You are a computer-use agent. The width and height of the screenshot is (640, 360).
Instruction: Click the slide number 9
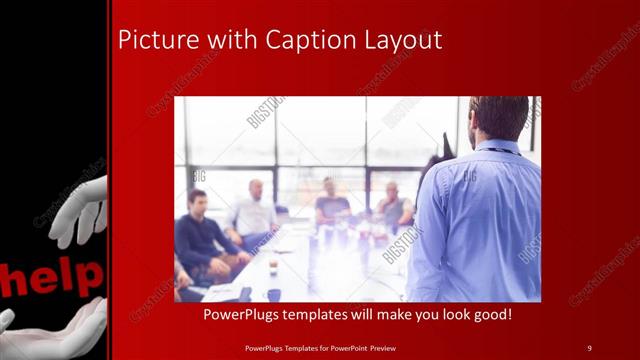[x=589, y=347]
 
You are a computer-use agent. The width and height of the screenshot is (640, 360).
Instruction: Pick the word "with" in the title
[x=230, y=40]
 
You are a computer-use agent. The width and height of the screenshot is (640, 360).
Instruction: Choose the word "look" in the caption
[x=442, y=314]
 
